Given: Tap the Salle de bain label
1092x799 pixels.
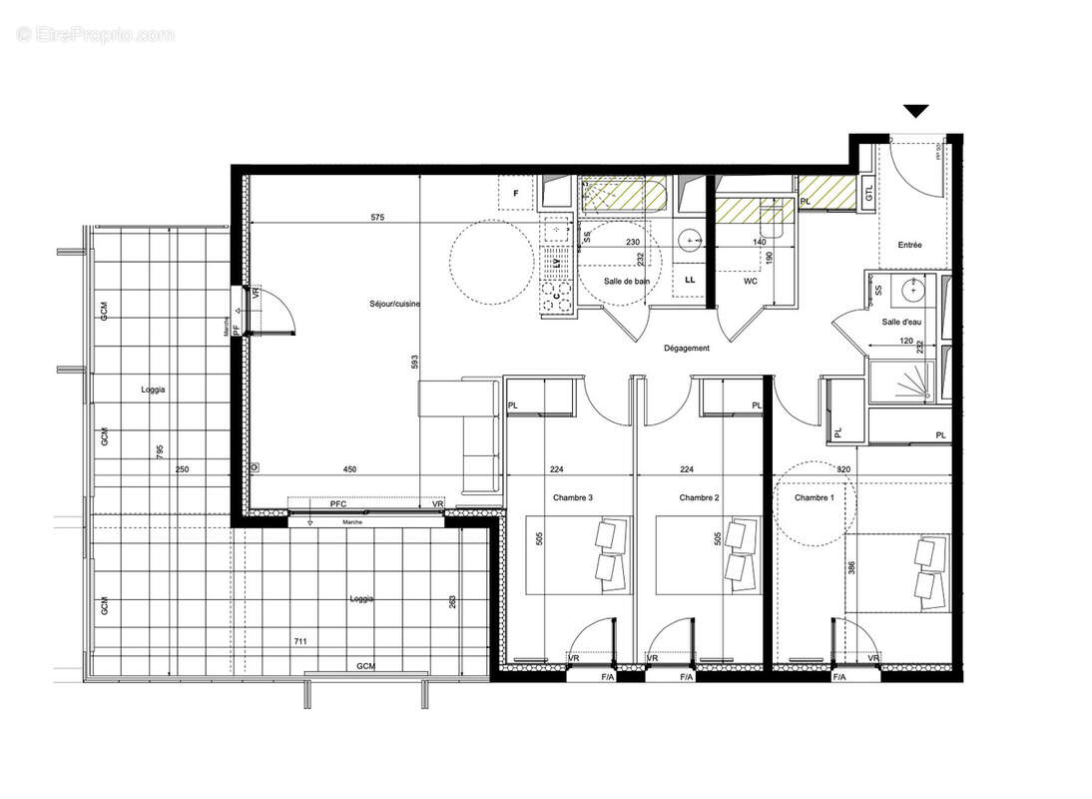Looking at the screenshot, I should click(x=627, y=282).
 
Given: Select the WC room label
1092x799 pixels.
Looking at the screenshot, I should click(x=752, y=282).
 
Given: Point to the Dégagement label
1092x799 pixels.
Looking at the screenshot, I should click(x=686, y=349).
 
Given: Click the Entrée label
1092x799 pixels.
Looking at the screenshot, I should click(x=909, y=245).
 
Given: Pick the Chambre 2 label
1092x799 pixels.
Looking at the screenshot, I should click(x=700, y=497).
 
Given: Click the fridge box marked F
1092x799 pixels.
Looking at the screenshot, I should click(x=516, y=193).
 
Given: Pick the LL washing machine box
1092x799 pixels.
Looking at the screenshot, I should click(x=690, y=281).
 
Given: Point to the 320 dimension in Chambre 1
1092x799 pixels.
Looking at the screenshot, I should click(x=844, y=469).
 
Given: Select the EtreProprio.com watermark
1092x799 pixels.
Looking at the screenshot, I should click(x=95, y=35).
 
